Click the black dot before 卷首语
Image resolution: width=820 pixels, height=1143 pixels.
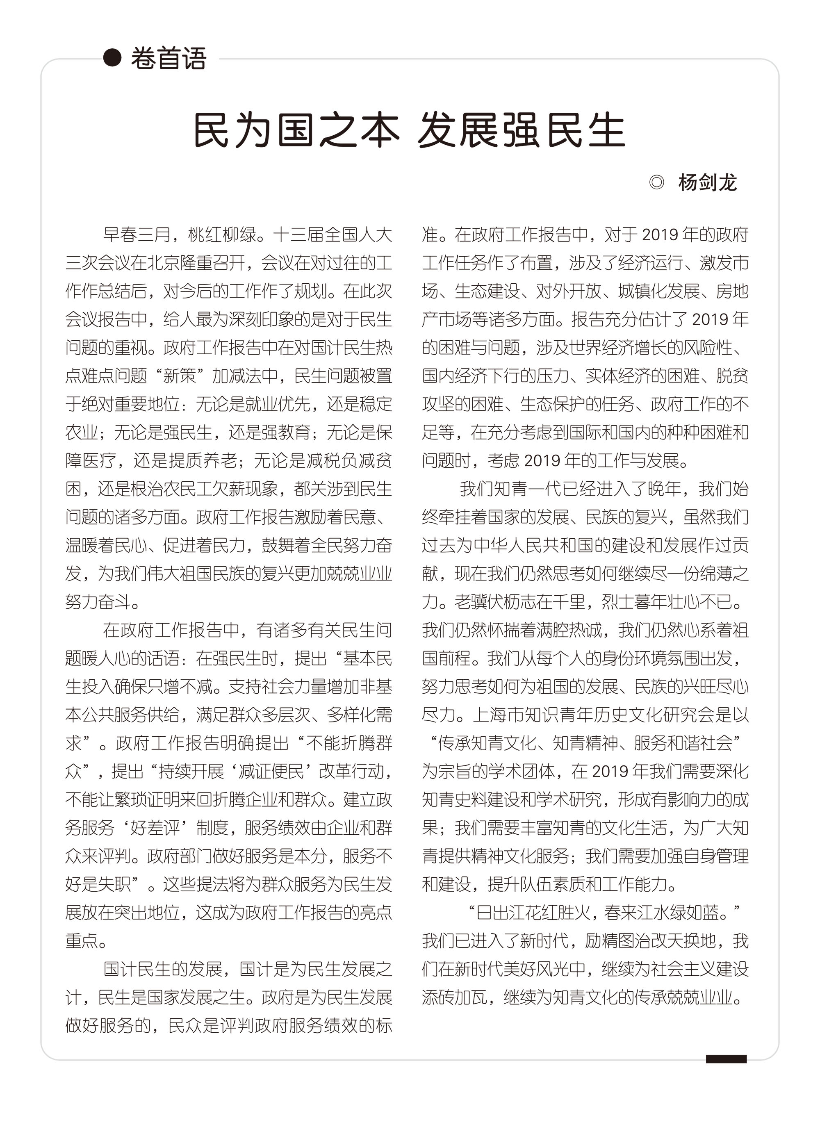click(112, 57)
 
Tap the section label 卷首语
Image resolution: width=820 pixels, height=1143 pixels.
click(169, 59)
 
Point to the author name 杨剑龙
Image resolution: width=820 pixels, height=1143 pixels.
click(707, 182)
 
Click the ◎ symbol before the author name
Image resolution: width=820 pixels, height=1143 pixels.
click(656, 182)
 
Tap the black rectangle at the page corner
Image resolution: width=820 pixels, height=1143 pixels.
click(726, 1059)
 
